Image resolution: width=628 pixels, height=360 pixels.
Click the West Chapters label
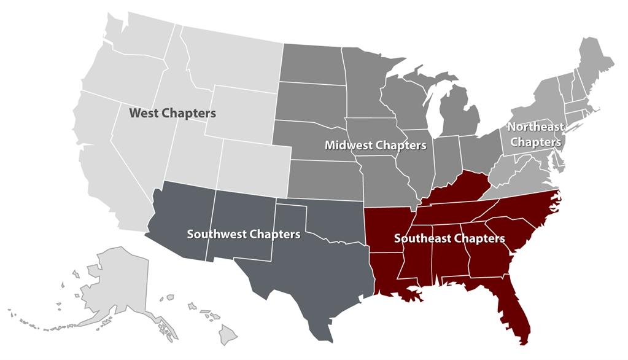click(x=172, y=114)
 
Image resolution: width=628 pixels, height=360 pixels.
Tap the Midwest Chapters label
click(x=375, y=146)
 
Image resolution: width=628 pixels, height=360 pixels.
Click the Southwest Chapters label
click(x=244, y=234)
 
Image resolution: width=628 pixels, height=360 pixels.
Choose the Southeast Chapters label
click(x=449, y=238)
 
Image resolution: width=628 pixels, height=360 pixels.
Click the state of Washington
click(x=135, y=43)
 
